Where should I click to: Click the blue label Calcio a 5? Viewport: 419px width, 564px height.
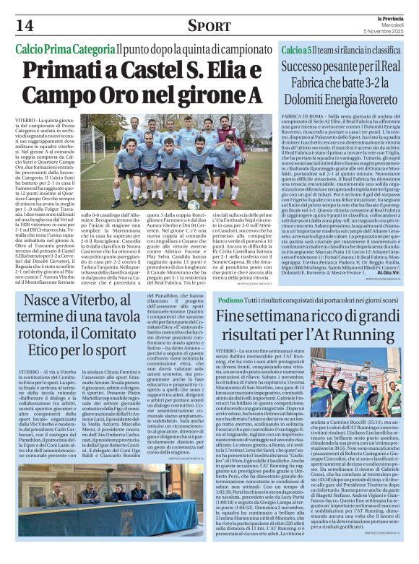(298, 51)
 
